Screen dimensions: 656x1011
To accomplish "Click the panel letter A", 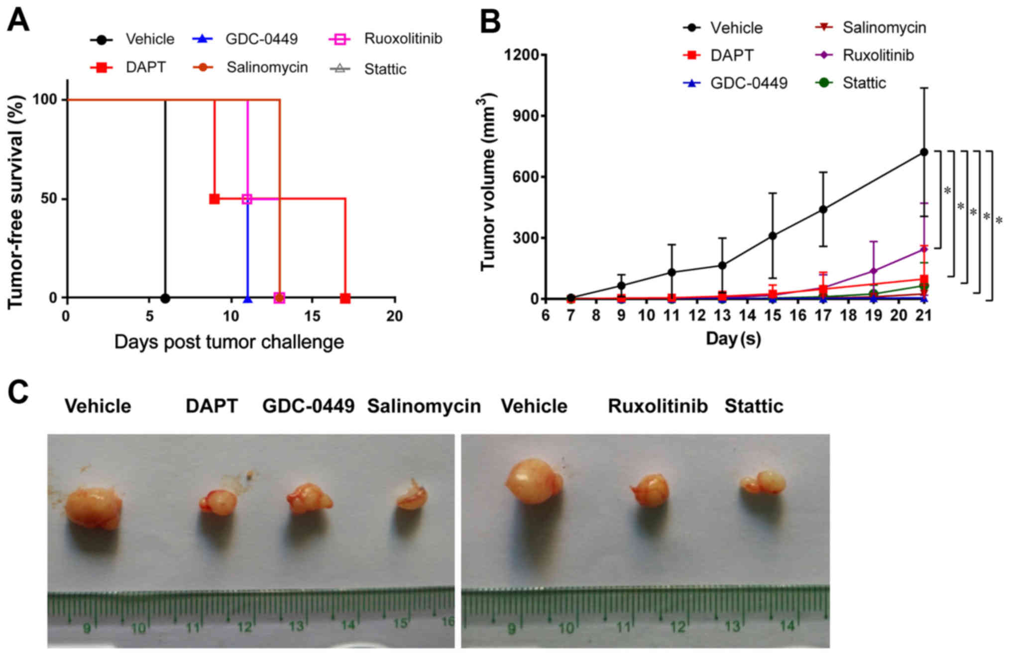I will [x=18, y=21].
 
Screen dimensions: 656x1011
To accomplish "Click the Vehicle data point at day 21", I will [x=923, y=152].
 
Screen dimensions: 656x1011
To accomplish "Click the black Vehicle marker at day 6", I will [x=165, y=298].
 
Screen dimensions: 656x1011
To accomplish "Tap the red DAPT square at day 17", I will [x=345, y=298].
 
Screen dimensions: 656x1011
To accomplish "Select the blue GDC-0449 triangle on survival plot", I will [x=247, y=299].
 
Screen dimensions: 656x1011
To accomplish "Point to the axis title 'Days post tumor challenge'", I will [x=229, y=342].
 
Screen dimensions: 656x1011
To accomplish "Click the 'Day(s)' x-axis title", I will [x=733, y=339].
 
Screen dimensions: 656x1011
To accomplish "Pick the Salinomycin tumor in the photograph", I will [x=412, y=496].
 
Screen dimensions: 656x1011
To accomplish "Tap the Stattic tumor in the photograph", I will [x=764, y=482].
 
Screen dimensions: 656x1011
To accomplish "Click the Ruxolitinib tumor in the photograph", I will [x=650, y=490].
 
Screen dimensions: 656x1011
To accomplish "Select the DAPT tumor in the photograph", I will [x=218, y=502].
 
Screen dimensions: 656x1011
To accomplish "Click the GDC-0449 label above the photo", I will [x=308, y=406].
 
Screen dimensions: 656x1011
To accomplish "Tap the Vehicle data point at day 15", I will [x=772, y=235].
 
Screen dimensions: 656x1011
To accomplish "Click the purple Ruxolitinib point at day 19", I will [x=873, y=271].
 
